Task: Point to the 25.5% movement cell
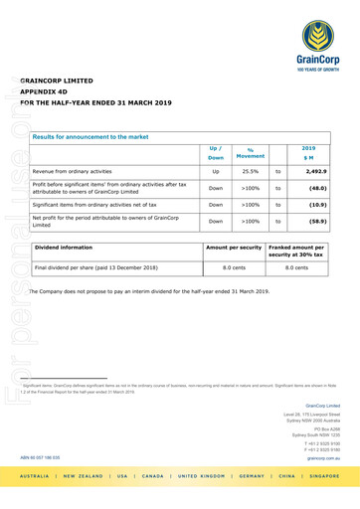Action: [251, 170]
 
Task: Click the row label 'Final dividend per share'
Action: [96, 267]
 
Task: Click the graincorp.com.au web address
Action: [324, 458]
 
